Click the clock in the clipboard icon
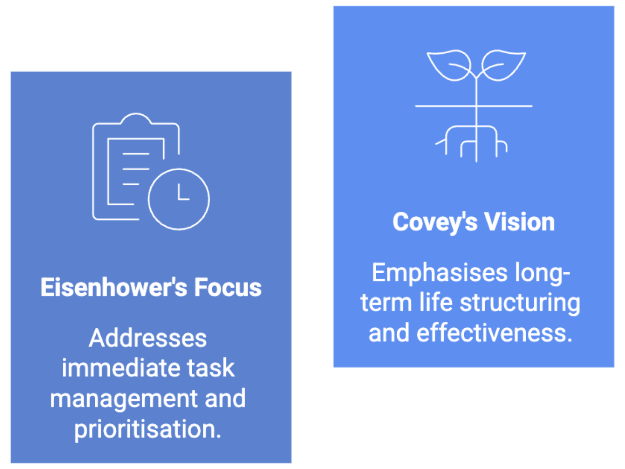pos(179,199)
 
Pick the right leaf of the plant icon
pos(503,65)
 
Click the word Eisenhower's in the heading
pos(113,287)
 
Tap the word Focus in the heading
pos(228,287)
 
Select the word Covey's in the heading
pos(435,222)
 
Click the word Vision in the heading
pos(519,222)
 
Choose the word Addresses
pos(148,338)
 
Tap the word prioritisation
pos(148,429)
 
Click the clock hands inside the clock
pos(182,194)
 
